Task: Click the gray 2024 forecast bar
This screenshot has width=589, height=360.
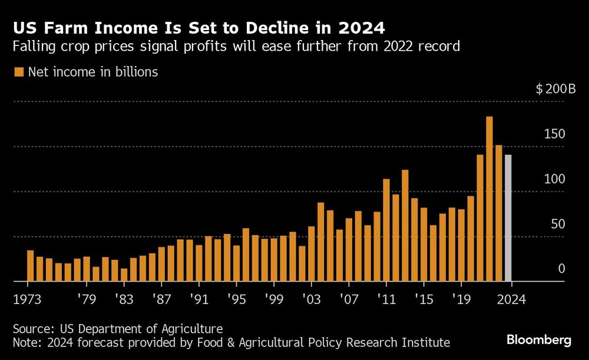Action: pos(508,218)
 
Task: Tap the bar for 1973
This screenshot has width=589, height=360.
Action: pos(30,266)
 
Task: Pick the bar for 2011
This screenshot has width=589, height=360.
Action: pos(386,230)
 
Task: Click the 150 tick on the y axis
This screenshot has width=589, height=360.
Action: pos(555,134)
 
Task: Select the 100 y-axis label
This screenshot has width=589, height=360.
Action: pos(555,179)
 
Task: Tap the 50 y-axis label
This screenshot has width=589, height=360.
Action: pos(557,224)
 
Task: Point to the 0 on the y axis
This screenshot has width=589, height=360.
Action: pos(561,269)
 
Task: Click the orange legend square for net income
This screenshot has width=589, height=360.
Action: pos(18,72)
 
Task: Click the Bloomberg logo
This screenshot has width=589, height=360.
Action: pos(540,340)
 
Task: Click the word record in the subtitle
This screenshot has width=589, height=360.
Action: pos(442,47)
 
